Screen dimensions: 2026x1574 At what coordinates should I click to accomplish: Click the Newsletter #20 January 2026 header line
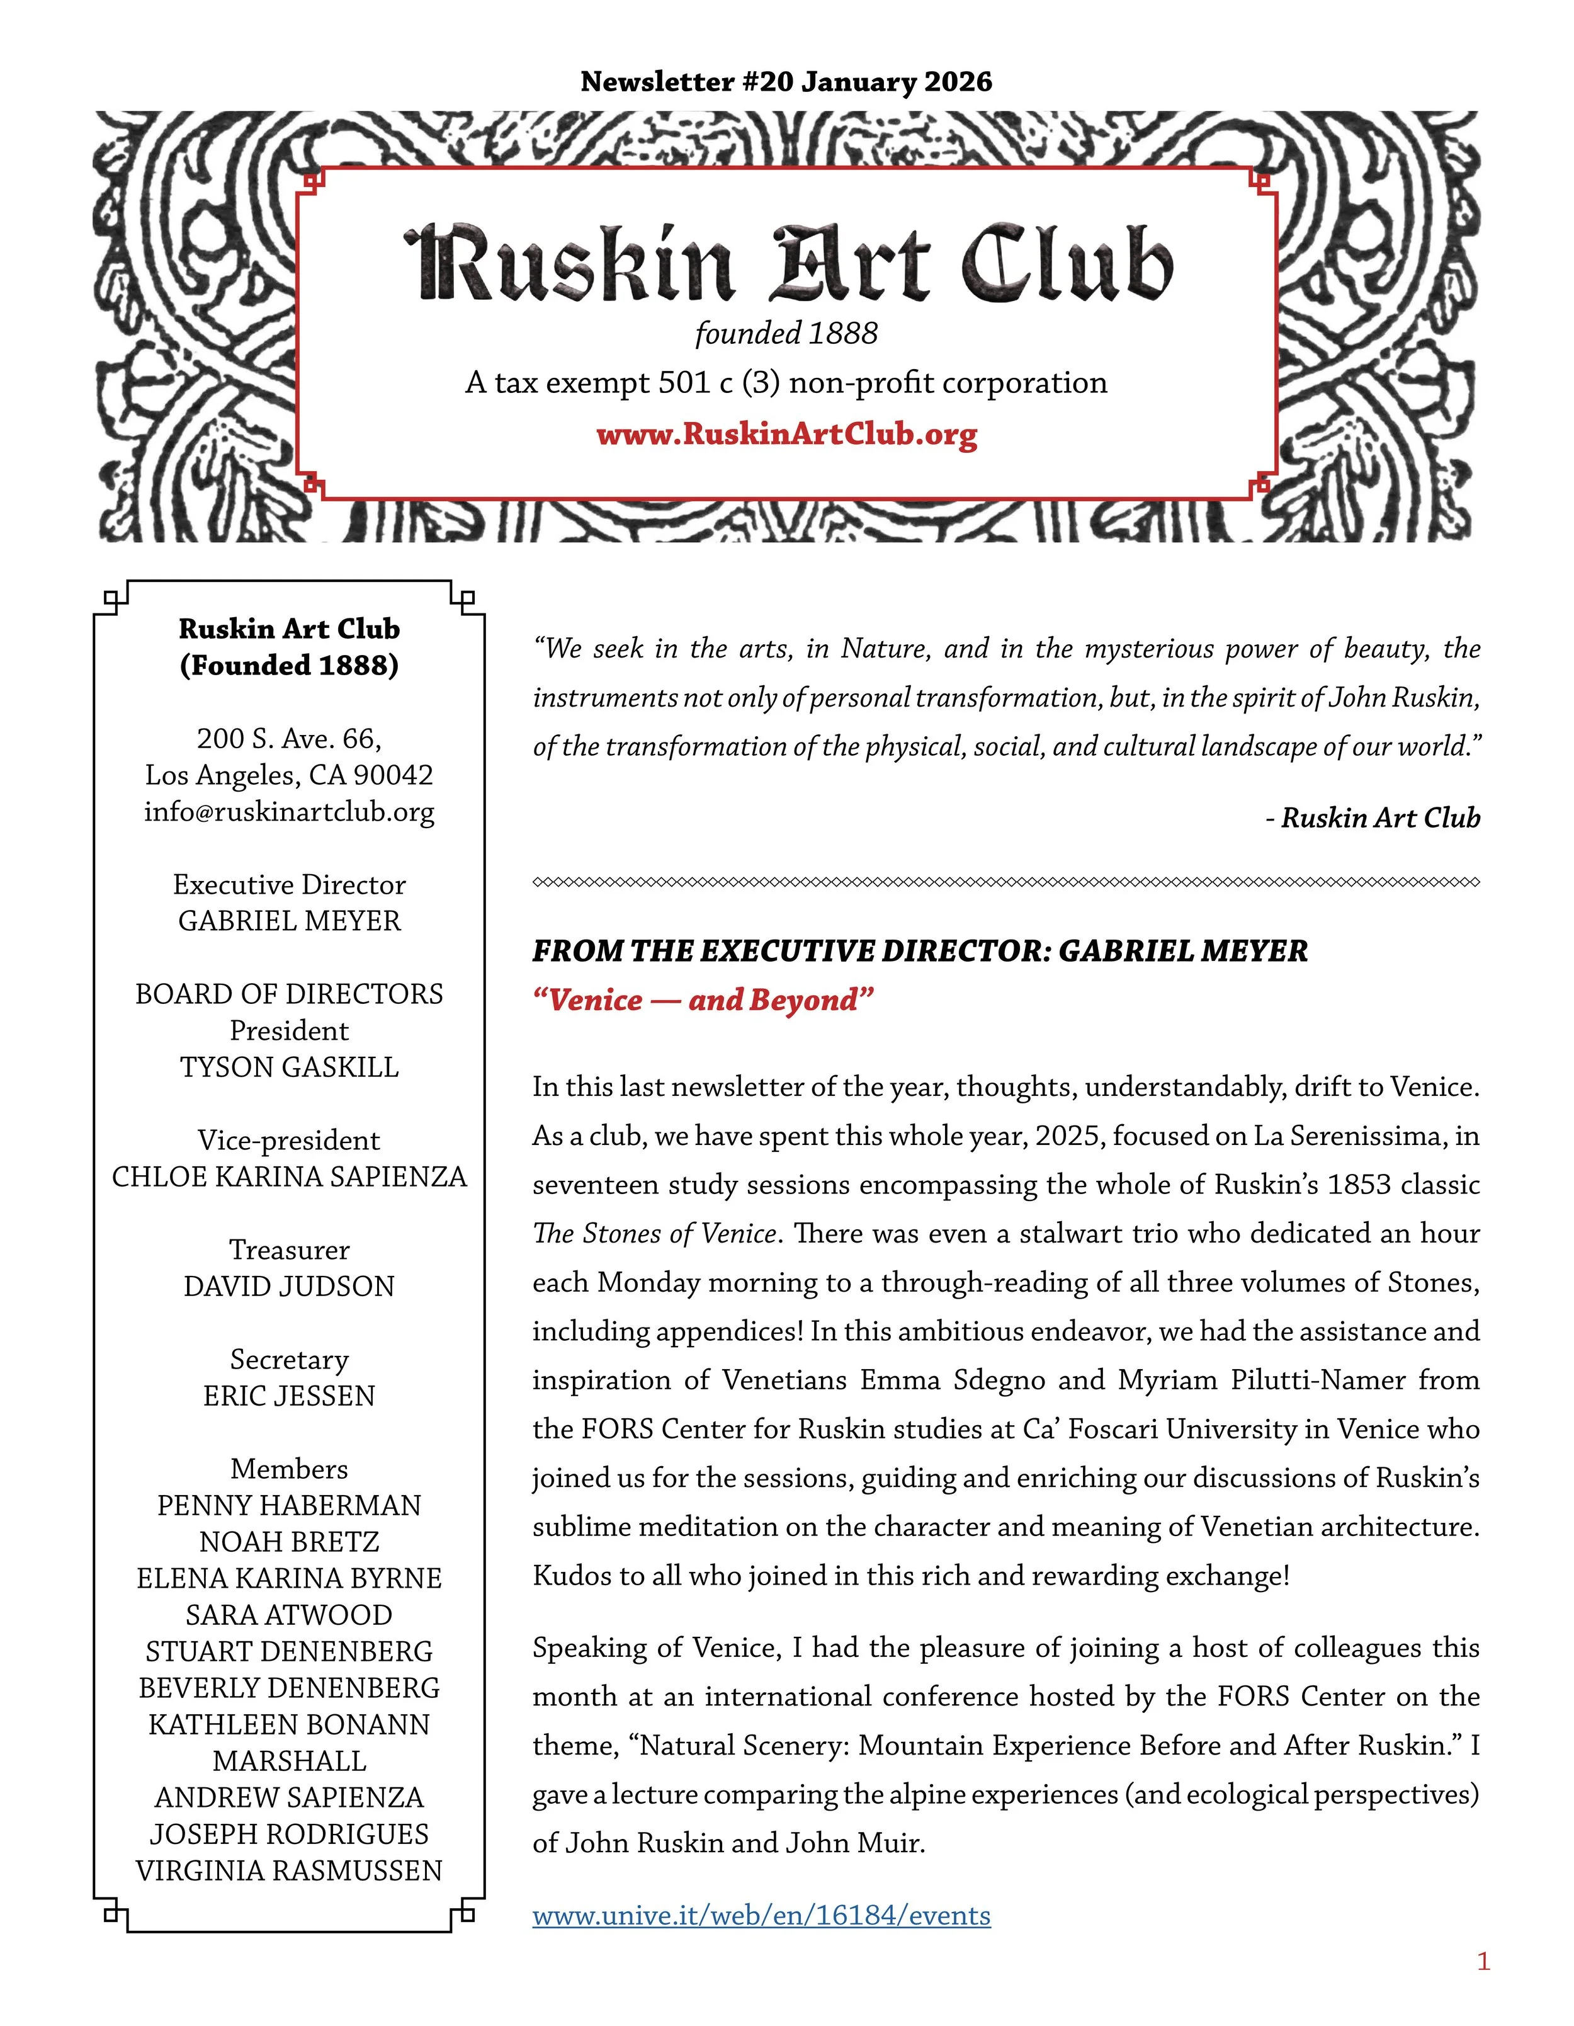point(786,82)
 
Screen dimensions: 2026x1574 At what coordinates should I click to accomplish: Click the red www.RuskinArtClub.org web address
point(786,434)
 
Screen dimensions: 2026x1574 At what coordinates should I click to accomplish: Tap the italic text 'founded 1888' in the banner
point(786,333)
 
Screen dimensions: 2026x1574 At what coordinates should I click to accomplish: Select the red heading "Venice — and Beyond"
point(703,1000)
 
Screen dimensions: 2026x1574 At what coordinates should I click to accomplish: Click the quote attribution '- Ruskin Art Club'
point(1373,817)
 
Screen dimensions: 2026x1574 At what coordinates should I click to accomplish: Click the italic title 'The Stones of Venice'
point(654,1234)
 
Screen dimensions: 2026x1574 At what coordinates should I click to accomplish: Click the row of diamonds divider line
point(1005,882)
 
